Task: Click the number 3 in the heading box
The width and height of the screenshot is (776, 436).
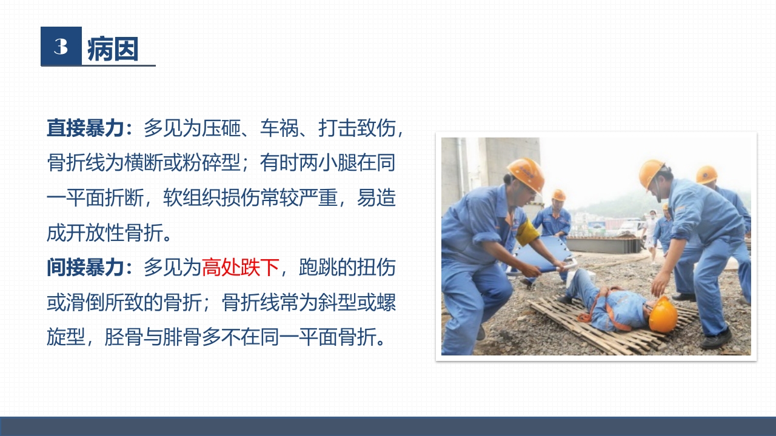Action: (61, 47)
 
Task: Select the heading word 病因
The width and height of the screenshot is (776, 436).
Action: (113, 49)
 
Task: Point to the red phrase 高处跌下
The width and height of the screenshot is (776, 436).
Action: (240, 267)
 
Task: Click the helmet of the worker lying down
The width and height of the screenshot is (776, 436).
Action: (663, 315)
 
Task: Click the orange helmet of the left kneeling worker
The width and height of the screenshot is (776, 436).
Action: (526, 173)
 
